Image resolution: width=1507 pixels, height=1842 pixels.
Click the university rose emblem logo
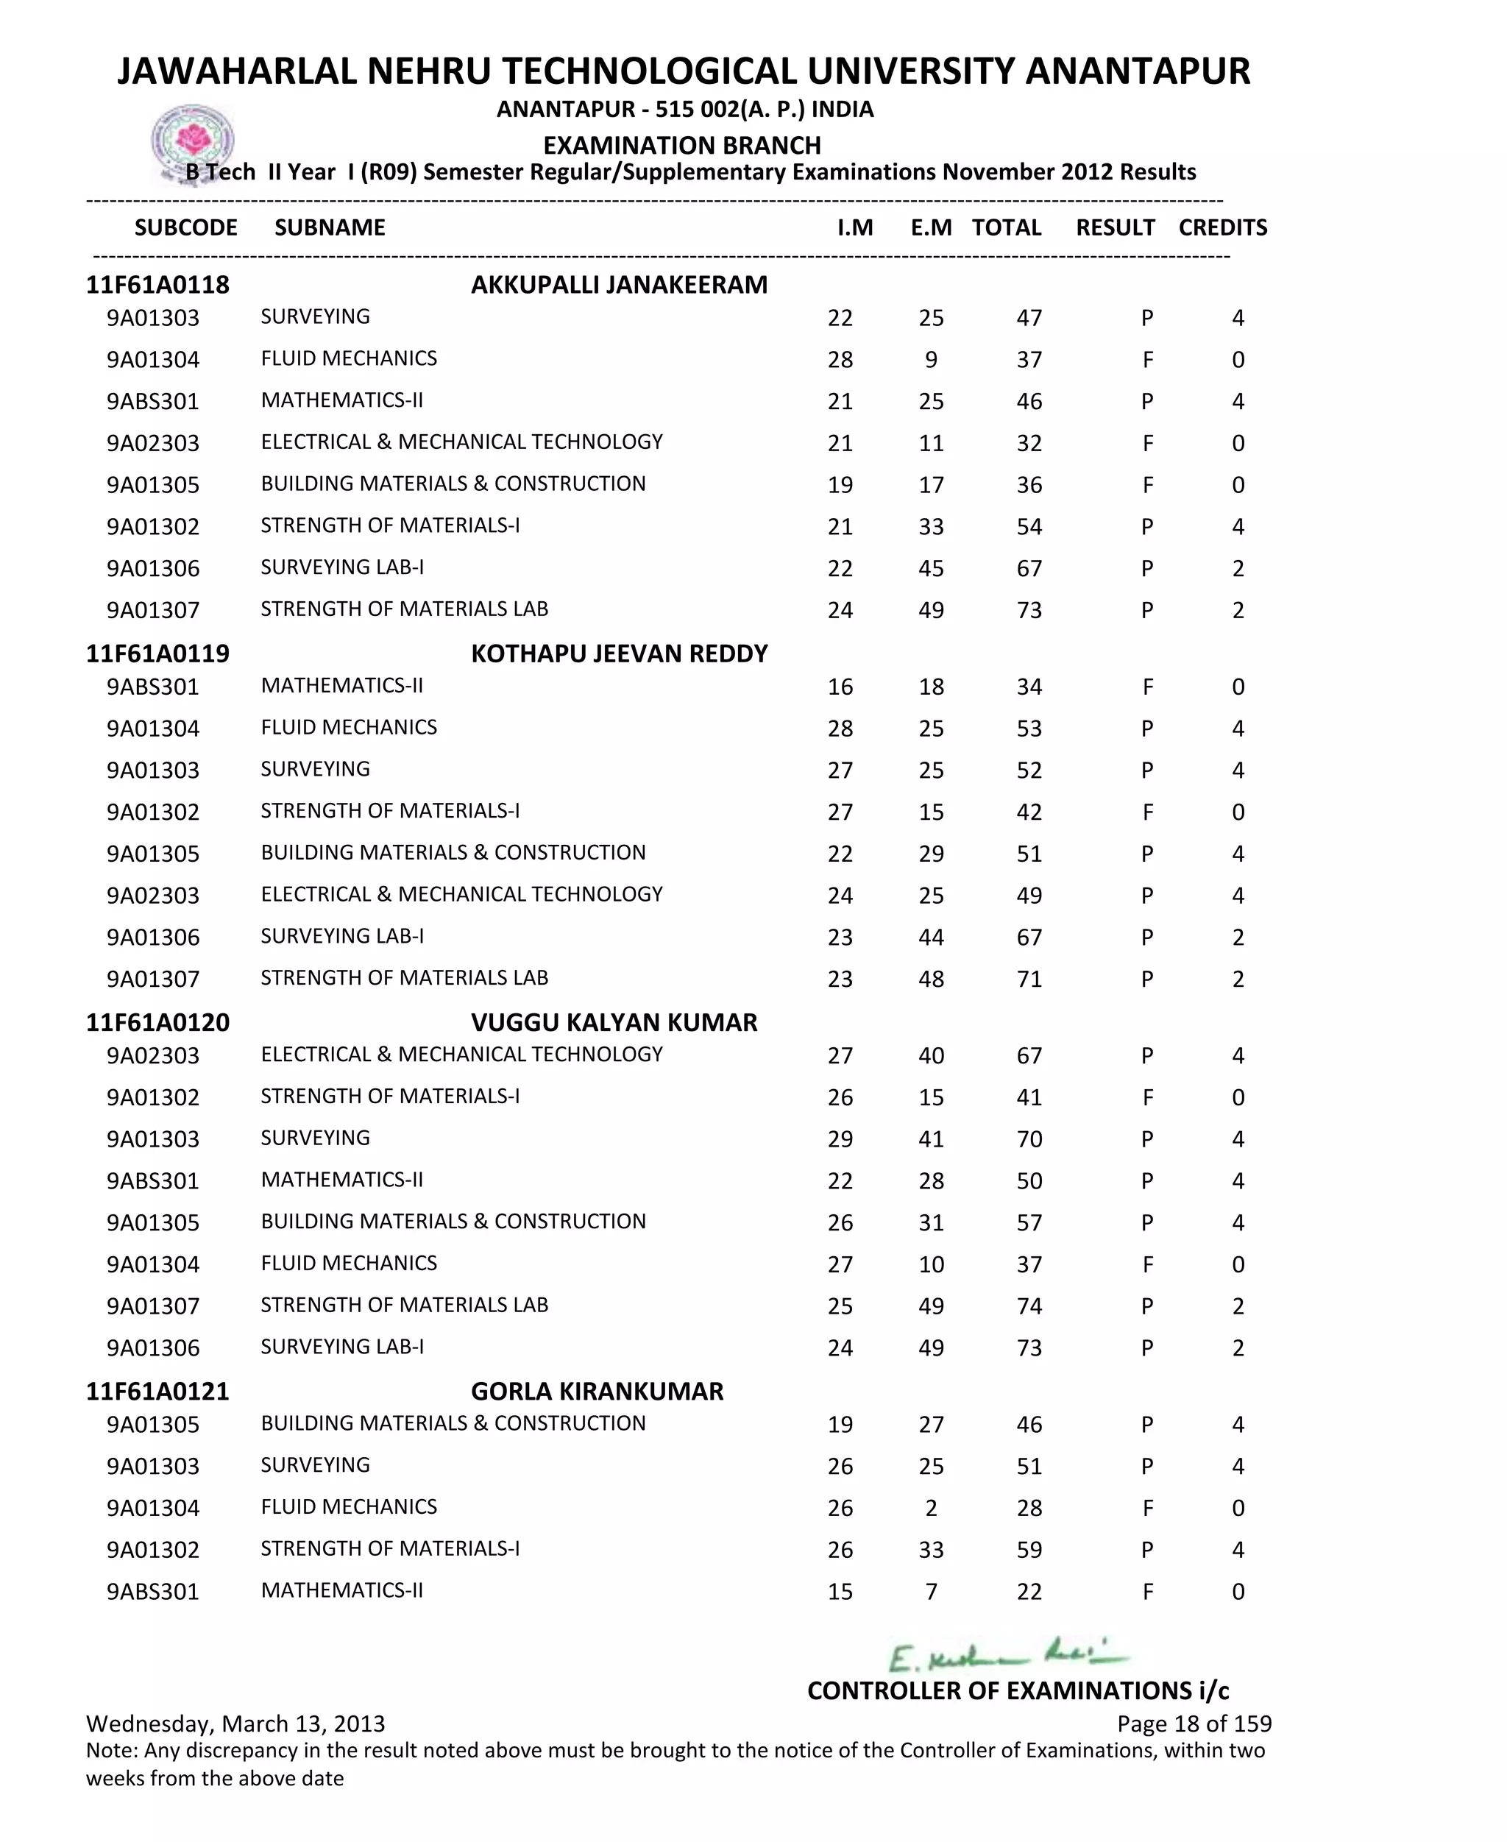193,141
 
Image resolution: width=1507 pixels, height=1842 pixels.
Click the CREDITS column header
1222,227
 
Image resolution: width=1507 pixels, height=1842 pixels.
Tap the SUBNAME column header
329,227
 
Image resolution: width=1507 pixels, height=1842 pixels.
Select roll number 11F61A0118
157,285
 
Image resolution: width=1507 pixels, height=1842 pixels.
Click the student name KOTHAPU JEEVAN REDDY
619,653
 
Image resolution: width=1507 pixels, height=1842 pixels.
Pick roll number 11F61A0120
157,1023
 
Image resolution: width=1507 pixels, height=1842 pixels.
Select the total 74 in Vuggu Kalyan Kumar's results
1029,1306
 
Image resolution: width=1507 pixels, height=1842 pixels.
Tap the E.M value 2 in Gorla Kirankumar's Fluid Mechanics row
931,1509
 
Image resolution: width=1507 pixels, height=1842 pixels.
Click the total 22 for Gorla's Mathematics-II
1029,1592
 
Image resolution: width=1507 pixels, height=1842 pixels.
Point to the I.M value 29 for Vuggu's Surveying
840,1140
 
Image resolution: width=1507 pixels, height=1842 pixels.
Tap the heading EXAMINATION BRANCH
681,145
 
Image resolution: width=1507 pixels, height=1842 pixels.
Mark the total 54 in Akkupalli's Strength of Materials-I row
1029,527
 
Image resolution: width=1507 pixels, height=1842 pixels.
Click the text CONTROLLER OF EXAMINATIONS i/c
1018,1690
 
